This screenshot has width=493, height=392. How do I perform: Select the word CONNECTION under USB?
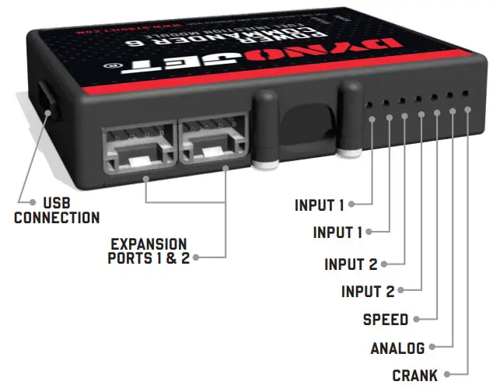pos(57,218)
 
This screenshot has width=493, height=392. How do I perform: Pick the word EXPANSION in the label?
pos(149,243)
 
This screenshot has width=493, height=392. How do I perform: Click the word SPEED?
pos(386,320)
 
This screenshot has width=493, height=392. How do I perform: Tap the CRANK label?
pos(414,375)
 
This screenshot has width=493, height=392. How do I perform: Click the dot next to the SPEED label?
pos(417,320)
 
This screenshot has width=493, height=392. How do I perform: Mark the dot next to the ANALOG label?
pos(432,348)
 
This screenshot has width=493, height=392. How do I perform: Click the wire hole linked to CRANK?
pos(465,93)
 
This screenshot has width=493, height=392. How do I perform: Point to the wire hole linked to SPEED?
pos(434,96)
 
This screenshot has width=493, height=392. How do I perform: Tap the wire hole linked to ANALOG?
pos(449,95)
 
